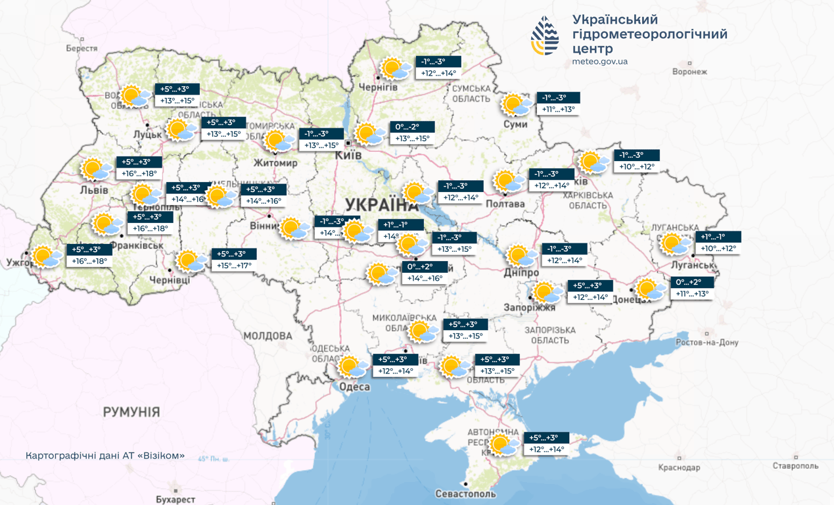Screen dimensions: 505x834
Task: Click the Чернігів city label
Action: [x=378, y=87]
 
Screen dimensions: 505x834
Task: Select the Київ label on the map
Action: [x=348, y=155]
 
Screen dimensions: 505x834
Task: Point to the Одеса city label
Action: [x=354, y=387]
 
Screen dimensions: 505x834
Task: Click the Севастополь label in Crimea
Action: [x=465, y=493]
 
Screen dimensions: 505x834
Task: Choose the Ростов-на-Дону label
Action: [x=707, y=343]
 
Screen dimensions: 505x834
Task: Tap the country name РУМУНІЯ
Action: [x=131, y=412]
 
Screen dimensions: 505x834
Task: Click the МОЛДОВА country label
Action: [x=267, y=336]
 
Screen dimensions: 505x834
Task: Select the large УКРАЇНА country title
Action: [x=382, y=203]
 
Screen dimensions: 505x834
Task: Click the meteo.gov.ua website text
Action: [x=599, y=62]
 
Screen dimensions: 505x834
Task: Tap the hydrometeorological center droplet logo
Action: [x=545, y=36]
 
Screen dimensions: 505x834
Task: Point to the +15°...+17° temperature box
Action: [x=234, y=266]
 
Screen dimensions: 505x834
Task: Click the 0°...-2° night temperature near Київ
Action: [x=413, y=127]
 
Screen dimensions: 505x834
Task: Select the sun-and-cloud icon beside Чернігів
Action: [x=394, y=68]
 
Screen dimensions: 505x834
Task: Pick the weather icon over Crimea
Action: [x=504, y=445]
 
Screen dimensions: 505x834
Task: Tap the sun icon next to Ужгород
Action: [x=47, y=256]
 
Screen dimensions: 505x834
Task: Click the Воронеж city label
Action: [x=689, y=72]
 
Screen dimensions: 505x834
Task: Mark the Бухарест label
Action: [x=175, y=500]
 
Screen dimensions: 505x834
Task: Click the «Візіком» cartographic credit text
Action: [x=105, y=456]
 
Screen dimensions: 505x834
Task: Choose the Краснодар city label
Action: [x=679, y=468]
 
